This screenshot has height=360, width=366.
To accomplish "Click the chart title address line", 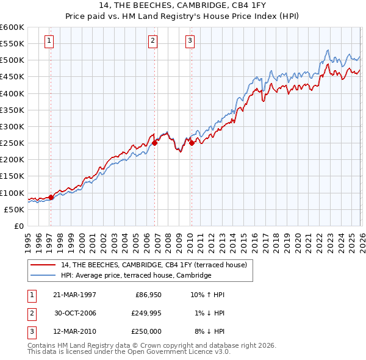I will tap(183, 5).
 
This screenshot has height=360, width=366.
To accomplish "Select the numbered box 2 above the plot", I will tap(152, 41).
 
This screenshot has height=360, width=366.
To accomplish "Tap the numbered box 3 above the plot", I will tap(190, 41).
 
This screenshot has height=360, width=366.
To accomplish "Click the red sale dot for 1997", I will tap(51, 196).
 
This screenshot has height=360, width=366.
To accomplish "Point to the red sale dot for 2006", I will tap(155, 143).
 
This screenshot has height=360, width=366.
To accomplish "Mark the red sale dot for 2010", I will tap(192, 143).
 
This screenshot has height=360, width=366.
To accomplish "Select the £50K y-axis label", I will tap(14, 209).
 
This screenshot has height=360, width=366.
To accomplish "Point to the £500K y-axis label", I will tap(12, 60).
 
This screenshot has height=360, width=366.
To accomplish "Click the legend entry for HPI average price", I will tap(135, 276).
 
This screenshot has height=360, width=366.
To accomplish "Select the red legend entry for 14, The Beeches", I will tap(154, 265).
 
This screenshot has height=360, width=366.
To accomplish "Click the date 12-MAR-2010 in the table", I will tap(73, 331).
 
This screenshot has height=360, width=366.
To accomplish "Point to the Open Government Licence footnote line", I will tap(129, 351).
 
